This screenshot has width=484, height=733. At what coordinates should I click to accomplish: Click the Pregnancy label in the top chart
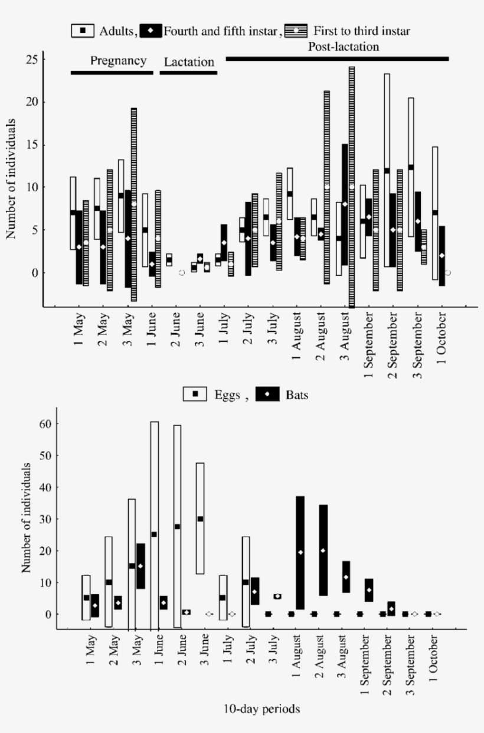click(x=117, y=60)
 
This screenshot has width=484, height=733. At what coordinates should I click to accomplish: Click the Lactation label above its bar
click(x=189, y=62)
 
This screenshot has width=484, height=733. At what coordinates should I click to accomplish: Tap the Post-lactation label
click(x=343, y=46)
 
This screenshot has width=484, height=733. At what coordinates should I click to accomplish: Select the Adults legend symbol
click(x=83, y=31)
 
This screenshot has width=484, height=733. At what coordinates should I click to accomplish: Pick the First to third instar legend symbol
click(x=296, y=31)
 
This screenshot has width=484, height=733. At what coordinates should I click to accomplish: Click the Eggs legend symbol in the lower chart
click(x=194, y=395)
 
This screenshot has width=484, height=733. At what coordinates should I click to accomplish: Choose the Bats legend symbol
click(x=266, y=395)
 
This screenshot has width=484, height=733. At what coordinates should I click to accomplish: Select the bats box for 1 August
click(x=300, y=552)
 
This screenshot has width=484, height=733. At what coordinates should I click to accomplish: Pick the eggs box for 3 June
click(x=200, y=526)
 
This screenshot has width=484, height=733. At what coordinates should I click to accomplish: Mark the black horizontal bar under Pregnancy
click(x=112, y=73)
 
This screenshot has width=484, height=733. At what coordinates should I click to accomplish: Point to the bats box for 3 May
click(x=140, y=566)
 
